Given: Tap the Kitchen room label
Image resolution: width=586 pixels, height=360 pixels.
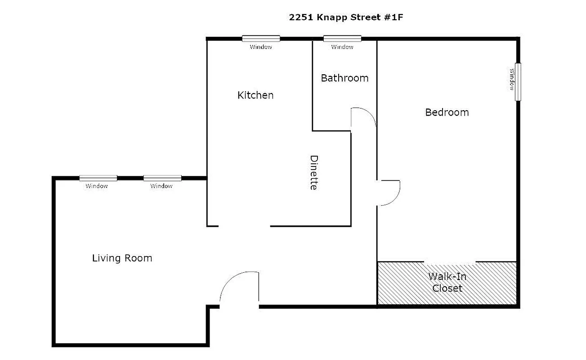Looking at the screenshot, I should click(x=255, y=95).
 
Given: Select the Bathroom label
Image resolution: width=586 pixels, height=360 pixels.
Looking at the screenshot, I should click(x=344, y=78).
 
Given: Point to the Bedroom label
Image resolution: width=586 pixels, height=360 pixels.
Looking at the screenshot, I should click(x=447, y=112).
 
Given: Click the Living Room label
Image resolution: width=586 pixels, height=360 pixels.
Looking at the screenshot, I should click(x=122, y=258).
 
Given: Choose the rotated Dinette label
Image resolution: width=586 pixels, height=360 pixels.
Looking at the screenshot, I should click(x=314, y=172).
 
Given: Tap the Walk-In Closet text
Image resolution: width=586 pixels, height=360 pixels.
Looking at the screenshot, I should click(x=447, y=282).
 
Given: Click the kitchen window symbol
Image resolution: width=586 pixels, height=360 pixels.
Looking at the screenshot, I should click(x=261, y=39).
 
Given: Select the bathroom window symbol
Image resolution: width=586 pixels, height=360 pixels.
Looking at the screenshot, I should click(x=342, y=39).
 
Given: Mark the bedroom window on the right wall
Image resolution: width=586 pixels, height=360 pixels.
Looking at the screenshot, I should click(x=518, y=82).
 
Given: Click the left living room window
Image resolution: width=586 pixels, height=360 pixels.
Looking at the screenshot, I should click(x=98, y=178).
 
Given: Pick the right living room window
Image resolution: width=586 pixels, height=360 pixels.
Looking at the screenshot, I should click(x=162, y=178).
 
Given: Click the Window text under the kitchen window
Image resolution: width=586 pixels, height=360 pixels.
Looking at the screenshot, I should click(x=261, y=47).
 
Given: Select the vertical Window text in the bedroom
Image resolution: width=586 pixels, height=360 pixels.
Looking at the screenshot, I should click(x=512, y=79).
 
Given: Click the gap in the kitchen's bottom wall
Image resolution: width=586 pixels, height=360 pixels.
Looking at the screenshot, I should click(x=244, y=226).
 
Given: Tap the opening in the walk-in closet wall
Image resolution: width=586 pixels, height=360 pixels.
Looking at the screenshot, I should click(x=450, y=262).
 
